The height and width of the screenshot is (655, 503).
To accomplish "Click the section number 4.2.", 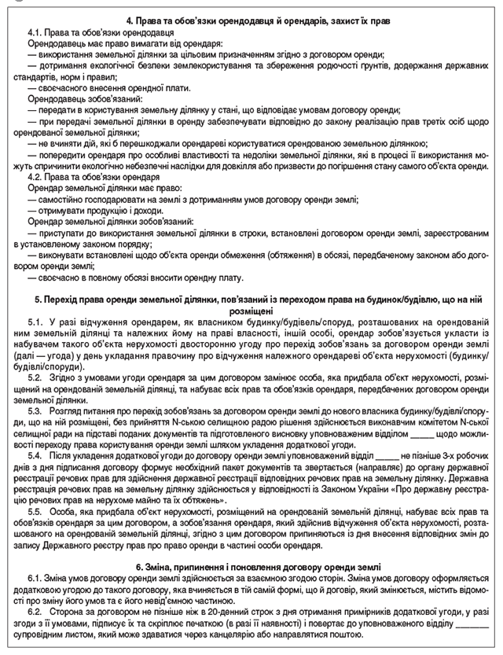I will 35,178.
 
